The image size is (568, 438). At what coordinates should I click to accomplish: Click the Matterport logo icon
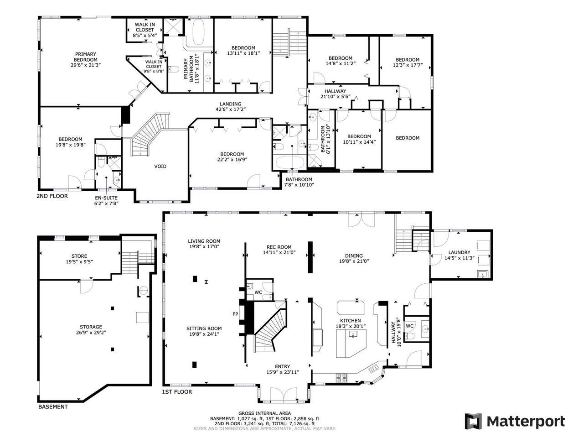473,421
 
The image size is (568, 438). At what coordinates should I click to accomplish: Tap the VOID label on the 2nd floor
160,167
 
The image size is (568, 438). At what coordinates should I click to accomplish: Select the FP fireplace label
235,314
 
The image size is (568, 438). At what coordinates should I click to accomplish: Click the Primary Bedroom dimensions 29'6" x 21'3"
86,65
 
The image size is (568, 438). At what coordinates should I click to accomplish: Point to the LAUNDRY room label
459,252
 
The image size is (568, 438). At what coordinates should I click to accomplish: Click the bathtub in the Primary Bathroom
199,32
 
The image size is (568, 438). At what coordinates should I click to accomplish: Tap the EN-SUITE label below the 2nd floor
106,198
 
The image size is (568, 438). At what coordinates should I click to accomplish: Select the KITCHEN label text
351,321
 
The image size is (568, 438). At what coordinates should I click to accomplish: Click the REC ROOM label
279,247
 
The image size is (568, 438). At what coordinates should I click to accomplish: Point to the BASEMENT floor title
53,407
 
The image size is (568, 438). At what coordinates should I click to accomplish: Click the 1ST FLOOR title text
177,392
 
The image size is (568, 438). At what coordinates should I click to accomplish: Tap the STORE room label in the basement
79,256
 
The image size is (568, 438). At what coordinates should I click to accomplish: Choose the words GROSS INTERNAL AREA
265,413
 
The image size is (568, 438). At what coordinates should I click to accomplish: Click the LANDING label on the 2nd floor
230,104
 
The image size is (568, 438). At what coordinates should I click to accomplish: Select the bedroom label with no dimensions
408,138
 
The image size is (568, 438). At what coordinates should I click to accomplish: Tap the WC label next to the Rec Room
258,292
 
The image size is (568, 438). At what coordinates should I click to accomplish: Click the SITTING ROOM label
204,328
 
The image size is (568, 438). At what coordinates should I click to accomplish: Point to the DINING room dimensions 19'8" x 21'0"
354,261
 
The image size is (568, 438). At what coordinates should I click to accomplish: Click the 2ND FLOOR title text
52,196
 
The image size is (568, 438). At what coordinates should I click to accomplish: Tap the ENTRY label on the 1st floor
283,367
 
